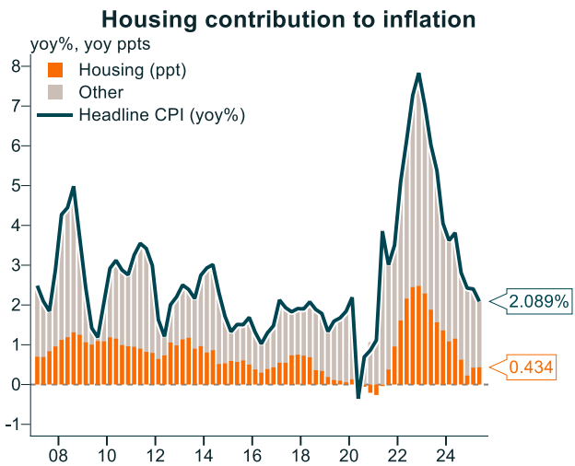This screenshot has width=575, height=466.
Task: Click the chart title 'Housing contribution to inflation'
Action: coord(287,19)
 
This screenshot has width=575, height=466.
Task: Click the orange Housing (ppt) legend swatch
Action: coord(55,69)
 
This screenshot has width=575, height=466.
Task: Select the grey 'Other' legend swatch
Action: coord(55,92)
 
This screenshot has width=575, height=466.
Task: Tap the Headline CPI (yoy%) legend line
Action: coord(55,115)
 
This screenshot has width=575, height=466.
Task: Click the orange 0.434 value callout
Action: coord(530,367)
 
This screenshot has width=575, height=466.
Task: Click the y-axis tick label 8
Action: coord(16,66)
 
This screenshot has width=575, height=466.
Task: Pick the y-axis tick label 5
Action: coord(16,185)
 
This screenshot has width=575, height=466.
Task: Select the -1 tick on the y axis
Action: coord(13,425)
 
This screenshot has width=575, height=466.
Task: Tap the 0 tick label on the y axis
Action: coord(16,385)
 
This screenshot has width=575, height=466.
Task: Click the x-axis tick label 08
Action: coord(58,454)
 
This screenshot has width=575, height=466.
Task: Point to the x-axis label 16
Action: coord(252,454)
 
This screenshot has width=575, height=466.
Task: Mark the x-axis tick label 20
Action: coord(348,454)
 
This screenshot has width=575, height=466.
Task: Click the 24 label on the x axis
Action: coord(445,454)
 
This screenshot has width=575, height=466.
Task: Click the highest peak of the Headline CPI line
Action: coord(419,74)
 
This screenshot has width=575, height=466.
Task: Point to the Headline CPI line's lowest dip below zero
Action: coord(358,398)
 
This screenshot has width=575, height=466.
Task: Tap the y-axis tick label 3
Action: coord(16,265)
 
